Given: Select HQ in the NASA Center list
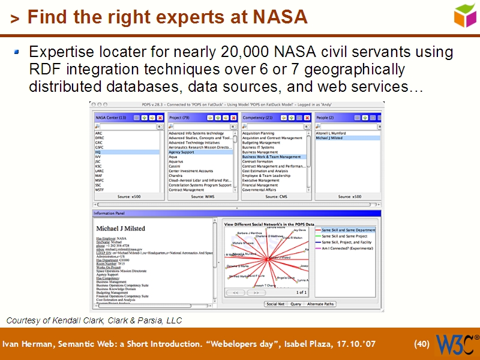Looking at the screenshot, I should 98,152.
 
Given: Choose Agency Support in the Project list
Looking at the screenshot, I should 182,152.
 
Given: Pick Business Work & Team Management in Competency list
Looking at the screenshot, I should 274,157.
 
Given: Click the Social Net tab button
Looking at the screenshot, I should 276,304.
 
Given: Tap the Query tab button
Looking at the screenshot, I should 296,304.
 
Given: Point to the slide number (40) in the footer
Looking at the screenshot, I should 422,344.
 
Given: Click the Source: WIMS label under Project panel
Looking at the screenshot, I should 203,196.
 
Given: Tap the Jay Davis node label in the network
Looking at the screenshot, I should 299,230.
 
